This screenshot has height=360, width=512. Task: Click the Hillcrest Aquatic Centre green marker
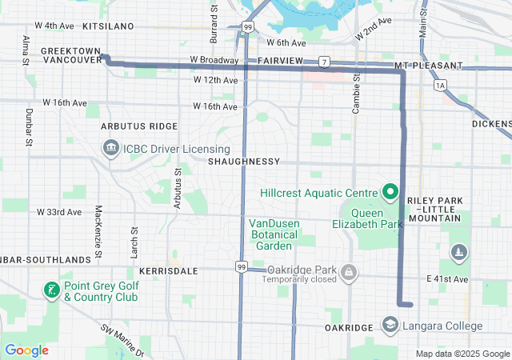click(x=390, y=192)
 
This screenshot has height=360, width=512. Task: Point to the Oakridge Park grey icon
click(x=348, y=274)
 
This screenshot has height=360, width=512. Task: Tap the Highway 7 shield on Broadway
click(x=323, y=61)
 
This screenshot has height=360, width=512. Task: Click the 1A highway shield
click(x=438, y=84)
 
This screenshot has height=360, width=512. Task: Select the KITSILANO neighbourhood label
click(x=107, y=26)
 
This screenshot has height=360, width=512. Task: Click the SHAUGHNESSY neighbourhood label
click(x=243, y=162)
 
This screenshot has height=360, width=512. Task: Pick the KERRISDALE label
click(x=170, y=271)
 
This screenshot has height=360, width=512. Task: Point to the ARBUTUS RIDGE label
click(x=139, y=126)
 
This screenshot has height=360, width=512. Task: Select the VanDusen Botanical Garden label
click(x=273, y=234)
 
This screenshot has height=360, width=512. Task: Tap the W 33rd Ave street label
click(x=59, y=212)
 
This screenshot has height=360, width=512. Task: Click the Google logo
click(x=26, y=350)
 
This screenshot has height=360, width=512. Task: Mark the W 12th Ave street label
click(x=215, y=80)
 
